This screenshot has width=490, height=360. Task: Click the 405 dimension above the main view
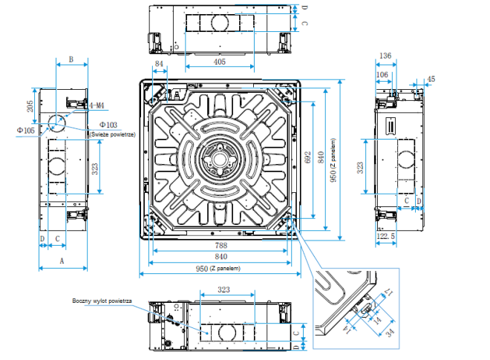219,63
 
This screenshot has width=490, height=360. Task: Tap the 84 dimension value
159,65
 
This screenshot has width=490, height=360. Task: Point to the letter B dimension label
71,59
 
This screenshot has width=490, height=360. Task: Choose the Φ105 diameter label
25,131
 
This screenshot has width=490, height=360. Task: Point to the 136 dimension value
385,56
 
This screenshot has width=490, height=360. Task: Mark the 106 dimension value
382,74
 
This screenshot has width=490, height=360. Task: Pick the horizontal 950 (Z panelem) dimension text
220,268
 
